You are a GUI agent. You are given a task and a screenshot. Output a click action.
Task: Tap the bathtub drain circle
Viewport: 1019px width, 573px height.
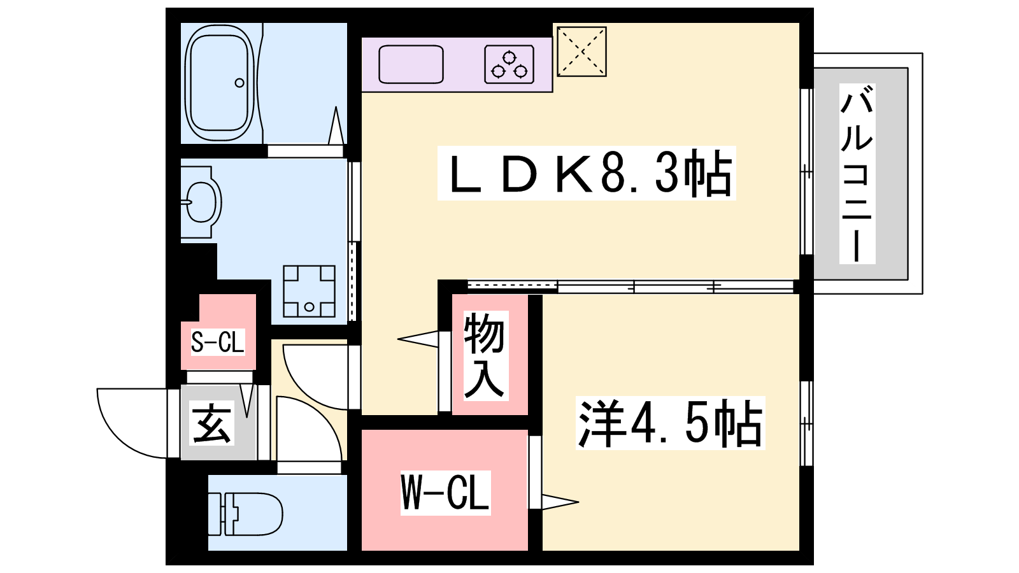click(239, 83)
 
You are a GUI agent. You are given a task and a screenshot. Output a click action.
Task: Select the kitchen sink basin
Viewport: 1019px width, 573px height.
click(411, 64)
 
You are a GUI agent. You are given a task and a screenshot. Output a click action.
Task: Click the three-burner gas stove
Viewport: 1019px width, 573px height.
click(509, 64)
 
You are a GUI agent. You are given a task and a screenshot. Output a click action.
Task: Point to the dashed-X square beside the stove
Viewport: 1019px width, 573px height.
click(582, 52)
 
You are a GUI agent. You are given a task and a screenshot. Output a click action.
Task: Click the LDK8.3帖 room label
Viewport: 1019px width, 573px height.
click(587, 173)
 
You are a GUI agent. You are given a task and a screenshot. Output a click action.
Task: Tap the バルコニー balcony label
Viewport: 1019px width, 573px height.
click(857, 174)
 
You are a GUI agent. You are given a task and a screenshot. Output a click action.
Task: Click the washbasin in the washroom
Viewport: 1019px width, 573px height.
click(201, 202)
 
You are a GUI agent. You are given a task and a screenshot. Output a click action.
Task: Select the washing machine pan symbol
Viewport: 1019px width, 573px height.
click(310, 291)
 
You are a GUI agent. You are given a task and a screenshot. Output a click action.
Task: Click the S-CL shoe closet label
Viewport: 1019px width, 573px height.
click(217, 342)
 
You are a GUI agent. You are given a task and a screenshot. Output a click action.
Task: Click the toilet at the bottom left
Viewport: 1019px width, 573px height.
click(246, 513)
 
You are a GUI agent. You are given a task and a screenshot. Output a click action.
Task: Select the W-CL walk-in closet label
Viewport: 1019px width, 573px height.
click(445, 493)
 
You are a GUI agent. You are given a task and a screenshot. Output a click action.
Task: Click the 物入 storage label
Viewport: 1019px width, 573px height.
click(484, 356)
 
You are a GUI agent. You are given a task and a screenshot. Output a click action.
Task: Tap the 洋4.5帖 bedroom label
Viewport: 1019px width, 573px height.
click(670, 423)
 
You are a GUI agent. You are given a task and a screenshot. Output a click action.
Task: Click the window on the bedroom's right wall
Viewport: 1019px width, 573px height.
click(806, 423)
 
